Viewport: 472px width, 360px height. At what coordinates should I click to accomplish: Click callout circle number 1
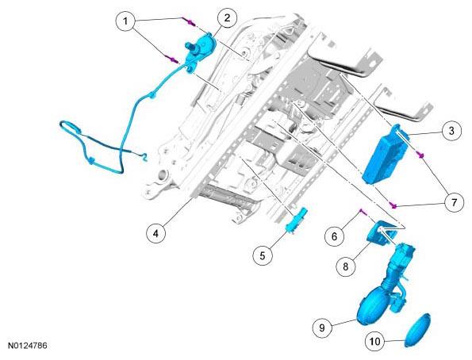pyautogui.click(x=125, y=21)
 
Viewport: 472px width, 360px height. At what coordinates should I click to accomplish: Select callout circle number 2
pyautogui.click(x=227, y=17)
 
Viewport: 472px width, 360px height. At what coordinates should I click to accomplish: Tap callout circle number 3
pyautogui.click(x=451, y=131)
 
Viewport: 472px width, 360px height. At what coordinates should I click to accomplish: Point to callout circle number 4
pyautogui.click(x=156, y=233)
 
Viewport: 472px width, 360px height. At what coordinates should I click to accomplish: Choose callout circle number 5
pyautogui.click(x=263, y=256)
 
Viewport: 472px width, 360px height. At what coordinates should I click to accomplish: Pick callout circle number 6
pyautogui.click(x=334, y=236)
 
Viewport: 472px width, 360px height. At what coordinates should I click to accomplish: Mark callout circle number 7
pyautogui.click(x=455, y=202)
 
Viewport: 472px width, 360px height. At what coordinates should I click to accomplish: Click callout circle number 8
pyautogui.click(x=346, y=266)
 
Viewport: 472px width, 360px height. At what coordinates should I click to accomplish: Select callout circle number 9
pyautogui.click(x=322, y=327)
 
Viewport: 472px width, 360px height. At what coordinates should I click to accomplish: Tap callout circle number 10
pyautogui.click(x=375, y=342)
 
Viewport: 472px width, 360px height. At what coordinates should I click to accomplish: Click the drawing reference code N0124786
pyautogui.click(x=28, y=346)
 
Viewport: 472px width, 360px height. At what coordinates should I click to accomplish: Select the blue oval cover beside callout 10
pyautogui.click(x=417, y=330)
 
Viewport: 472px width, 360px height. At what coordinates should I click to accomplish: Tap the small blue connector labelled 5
pyautogui.click(x=296, y=220)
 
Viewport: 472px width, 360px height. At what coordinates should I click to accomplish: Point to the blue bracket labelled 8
pyautogui.click(x=382, y=234)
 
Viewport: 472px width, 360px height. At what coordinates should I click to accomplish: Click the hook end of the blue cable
pyautogui.click(x=144, y=157)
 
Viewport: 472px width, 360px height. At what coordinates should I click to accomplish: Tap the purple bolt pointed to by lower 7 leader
pyautogui.click(x=393, y=205)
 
